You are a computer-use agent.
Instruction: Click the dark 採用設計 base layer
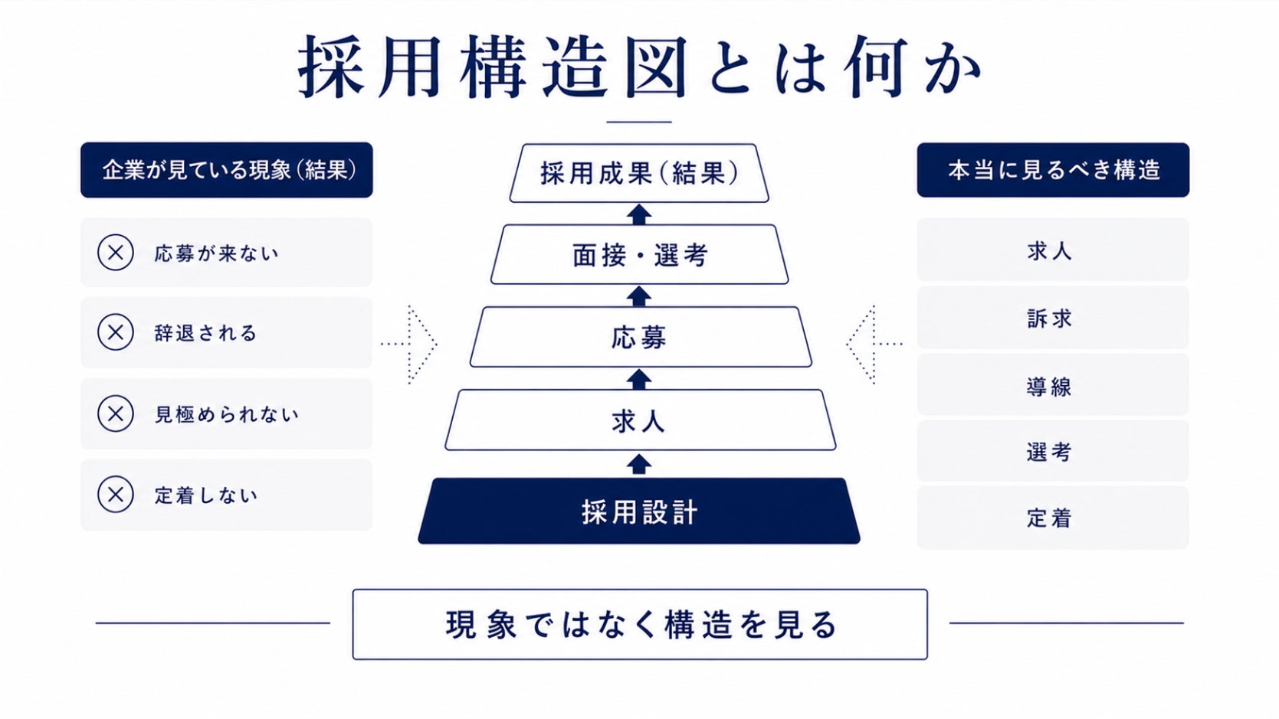click(639, 511)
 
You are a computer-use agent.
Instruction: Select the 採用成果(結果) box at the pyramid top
click(639, 173)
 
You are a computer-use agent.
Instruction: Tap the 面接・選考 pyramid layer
click(639, 254)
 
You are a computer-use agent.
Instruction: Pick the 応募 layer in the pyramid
click(640, 337)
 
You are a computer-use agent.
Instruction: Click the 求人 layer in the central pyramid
click(640, 420)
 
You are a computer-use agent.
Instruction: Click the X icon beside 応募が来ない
click(116, 252)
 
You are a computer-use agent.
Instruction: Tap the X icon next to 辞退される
click(116, 332)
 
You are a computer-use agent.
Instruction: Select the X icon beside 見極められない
click(116, 413)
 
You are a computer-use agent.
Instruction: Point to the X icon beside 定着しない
click(116, 494)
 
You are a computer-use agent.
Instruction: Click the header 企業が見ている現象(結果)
click(227, 170)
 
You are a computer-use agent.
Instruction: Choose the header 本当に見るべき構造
click(1053, 170)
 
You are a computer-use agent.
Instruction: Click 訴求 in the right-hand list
click(1049, 319)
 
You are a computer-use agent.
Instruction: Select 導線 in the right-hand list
click(1049, 387)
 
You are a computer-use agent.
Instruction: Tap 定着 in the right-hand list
click(1049, 518)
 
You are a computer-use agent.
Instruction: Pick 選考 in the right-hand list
click(1049, 452)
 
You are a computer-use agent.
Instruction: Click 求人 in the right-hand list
click(1049, 250)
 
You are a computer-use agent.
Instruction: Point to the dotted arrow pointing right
click(408, 344)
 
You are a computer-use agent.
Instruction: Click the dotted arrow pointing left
click(874, 344)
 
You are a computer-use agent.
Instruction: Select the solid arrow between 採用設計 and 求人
click(639, 464)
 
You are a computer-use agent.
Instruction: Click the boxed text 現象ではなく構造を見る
click(640, 624)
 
